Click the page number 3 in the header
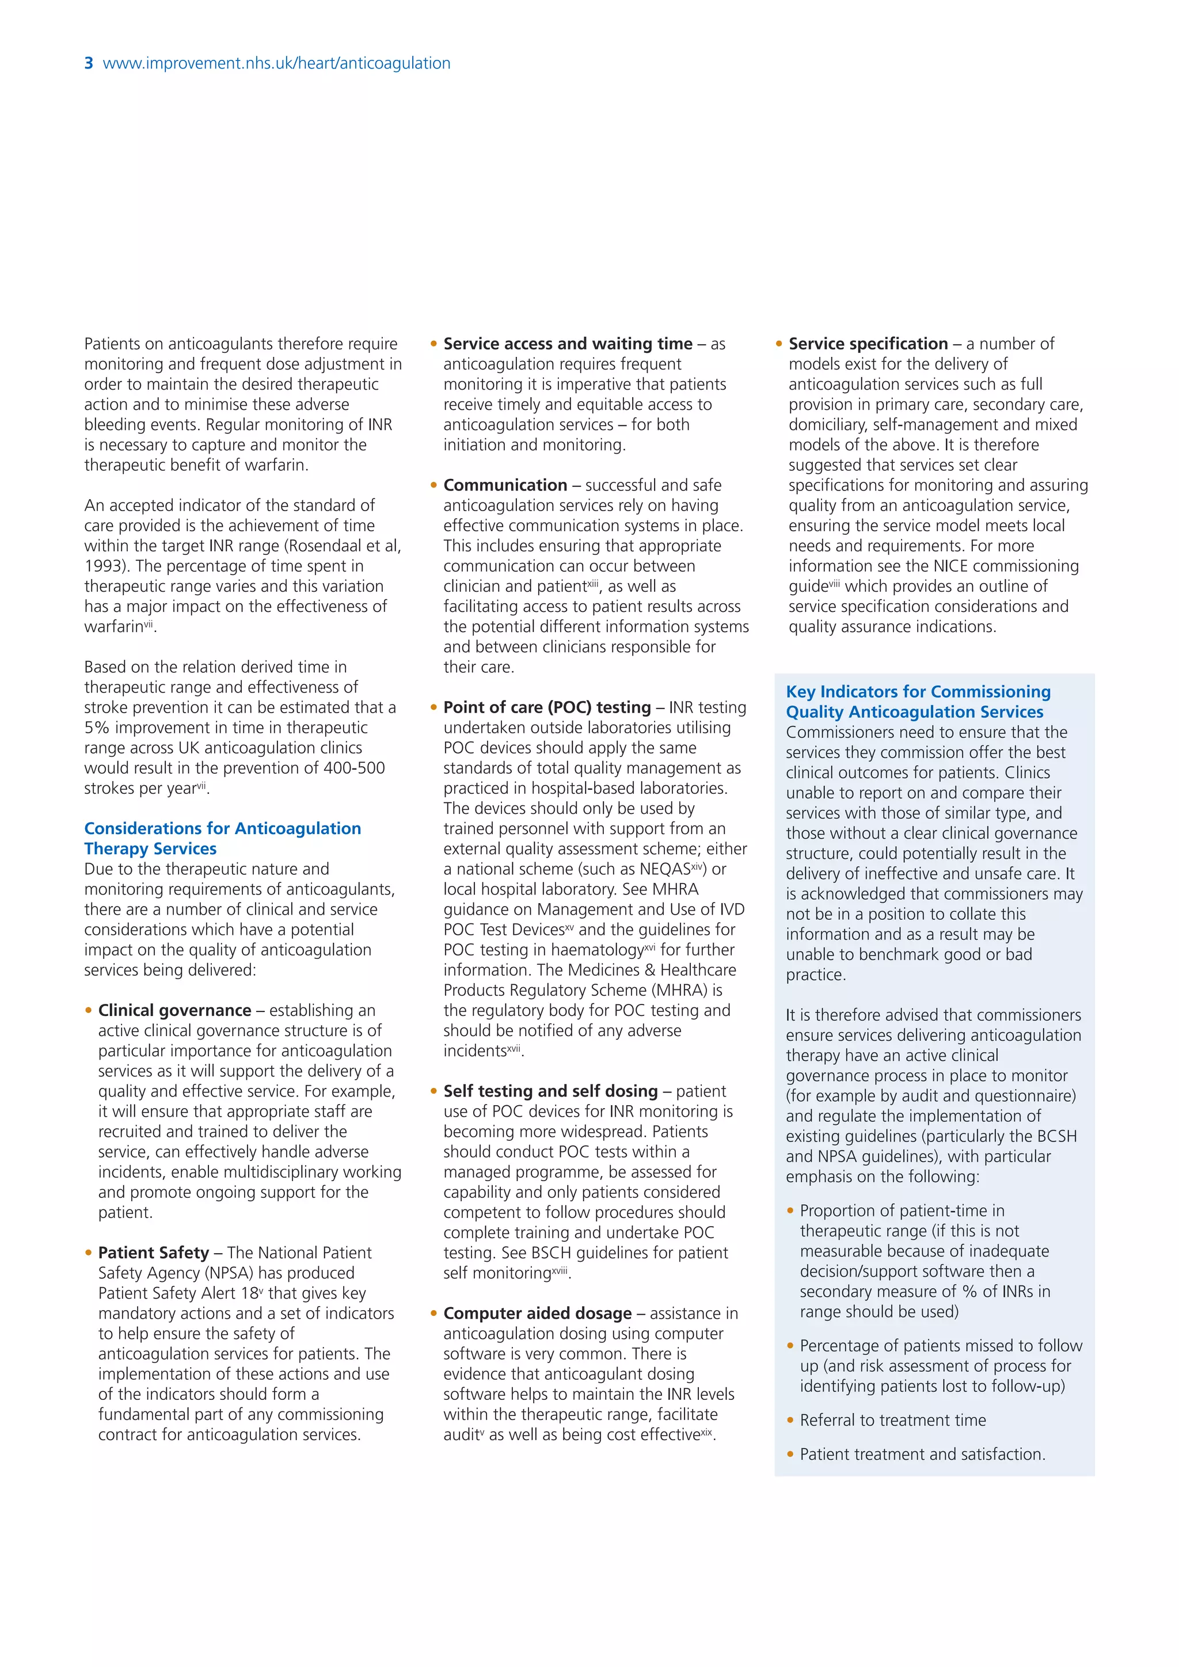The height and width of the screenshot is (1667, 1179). coord(89,63)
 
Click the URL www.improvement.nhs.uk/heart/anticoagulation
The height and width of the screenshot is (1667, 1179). coord(276,63)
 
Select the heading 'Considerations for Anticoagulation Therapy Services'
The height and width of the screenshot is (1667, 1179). coord(222,839)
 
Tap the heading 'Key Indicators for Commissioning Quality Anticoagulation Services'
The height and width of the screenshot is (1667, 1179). coord(918,701)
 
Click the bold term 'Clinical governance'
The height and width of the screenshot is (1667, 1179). coord(174,1010)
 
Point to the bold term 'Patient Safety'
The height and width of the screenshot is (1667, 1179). coord(153,1253)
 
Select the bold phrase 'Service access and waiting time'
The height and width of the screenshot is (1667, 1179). coord(568,344)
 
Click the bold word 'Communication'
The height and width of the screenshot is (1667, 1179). coord(505,485)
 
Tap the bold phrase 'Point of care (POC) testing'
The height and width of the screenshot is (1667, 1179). coord(547,707)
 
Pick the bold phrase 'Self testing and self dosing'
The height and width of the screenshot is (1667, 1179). coord(550,1091)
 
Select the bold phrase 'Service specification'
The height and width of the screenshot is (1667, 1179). coord(868,344)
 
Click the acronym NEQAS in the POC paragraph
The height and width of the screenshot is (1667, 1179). coord(664,869)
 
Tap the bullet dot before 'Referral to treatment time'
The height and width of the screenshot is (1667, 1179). coord(790,1420)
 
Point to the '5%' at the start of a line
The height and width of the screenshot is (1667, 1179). coord(97,728)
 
